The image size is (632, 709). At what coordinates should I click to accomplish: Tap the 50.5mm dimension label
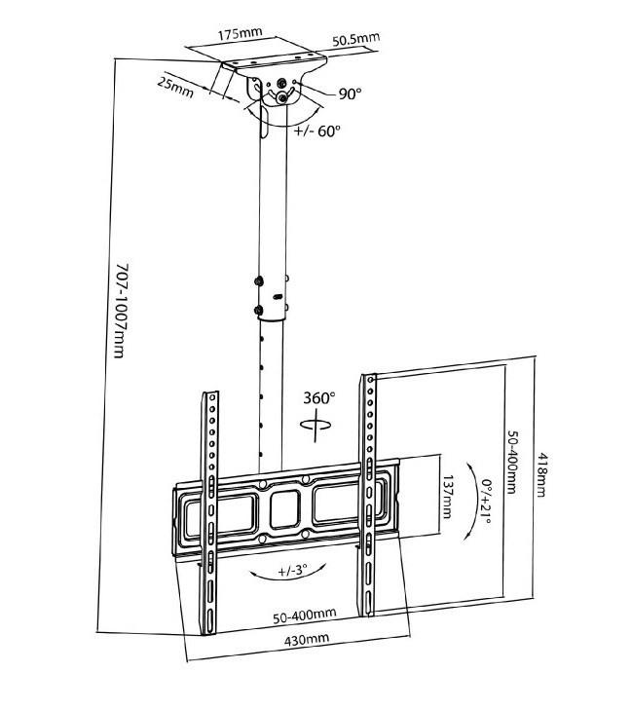354,40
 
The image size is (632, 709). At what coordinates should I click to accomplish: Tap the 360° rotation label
319,398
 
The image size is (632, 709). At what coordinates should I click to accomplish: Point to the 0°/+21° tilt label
486,496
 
